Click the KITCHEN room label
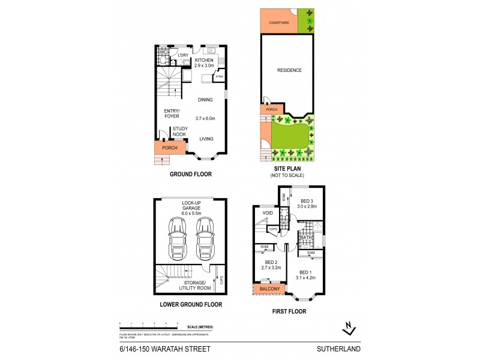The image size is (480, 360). click(205, 60)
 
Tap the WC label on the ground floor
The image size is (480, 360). click(162, 52)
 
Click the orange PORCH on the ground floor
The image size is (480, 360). click(166, 147)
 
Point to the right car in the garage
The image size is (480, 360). click(204, 235)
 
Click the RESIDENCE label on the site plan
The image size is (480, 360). click(289, 70)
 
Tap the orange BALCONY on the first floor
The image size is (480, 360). click(270, 289)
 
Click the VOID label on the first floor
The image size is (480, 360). click(268, 212)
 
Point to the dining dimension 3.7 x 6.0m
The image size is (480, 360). click(206, 118)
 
